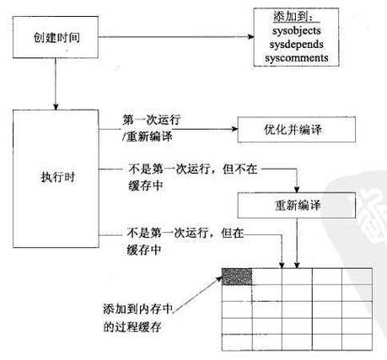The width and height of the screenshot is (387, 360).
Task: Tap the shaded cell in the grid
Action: (237, 277)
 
